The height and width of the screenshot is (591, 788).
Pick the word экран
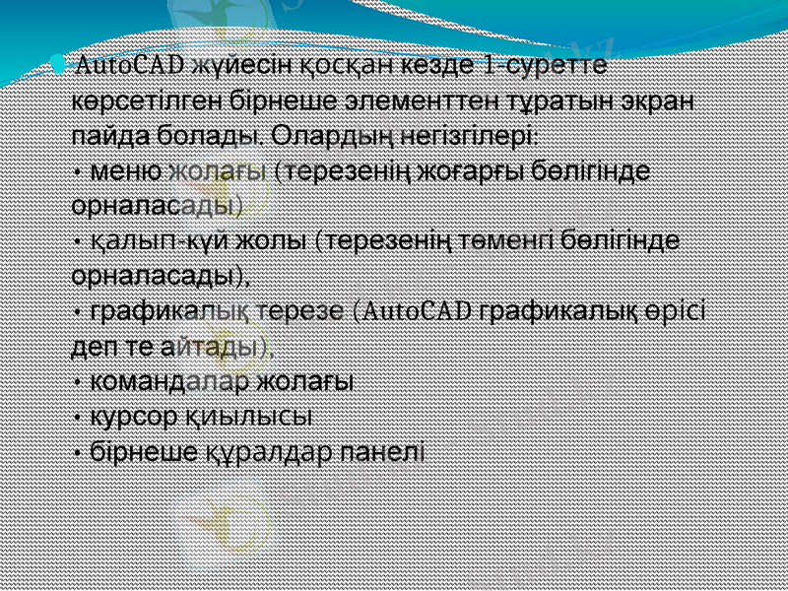click(662, 101)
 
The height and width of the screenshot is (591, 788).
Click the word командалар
click(168, 381)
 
